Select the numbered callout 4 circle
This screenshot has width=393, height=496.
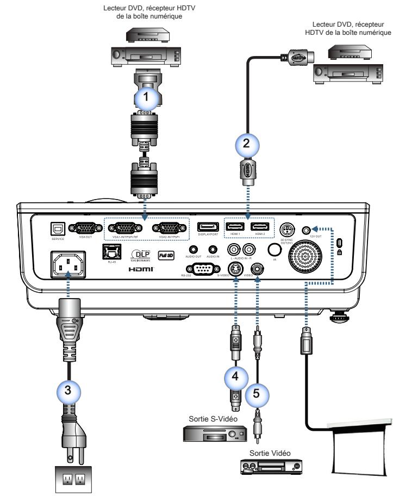234,376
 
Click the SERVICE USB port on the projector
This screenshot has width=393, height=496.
56,229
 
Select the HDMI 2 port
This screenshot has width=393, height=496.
259,228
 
